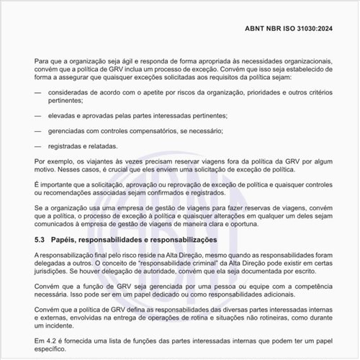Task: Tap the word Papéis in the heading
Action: pyautogui.click(x=71, y=239)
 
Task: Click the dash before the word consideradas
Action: pyautogui.click(x=37, y=94)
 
